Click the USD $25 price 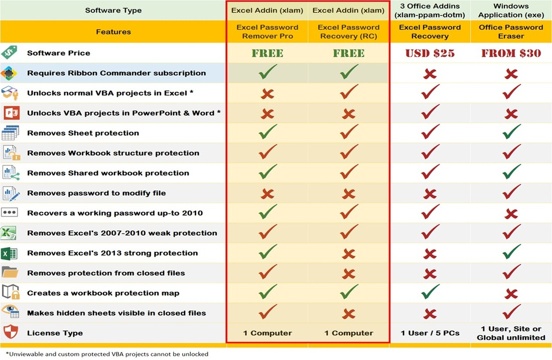click(430, 53)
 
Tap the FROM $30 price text click(511, 53)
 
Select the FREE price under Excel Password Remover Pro click(267, 53)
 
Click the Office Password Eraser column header click(511, 32)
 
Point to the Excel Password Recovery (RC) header click(349, 32)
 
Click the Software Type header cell click(113, 10)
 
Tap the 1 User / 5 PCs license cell click(430, 333)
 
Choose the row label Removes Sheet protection click(83, 133)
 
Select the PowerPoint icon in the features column click(10, 112)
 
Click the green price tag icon click(10, 53)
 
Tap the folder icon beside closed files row click(10, 273)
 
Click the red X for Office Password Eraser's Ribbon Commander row click(511, 74)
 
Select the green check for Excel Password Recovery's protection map click(430, 292)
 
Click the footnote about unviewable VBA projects click(107, 353)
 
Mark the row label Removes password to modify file click(96, 193)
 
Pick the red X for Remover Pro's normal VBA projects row click(267, 94)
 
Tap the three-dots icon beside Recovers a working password click(10, 213)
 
